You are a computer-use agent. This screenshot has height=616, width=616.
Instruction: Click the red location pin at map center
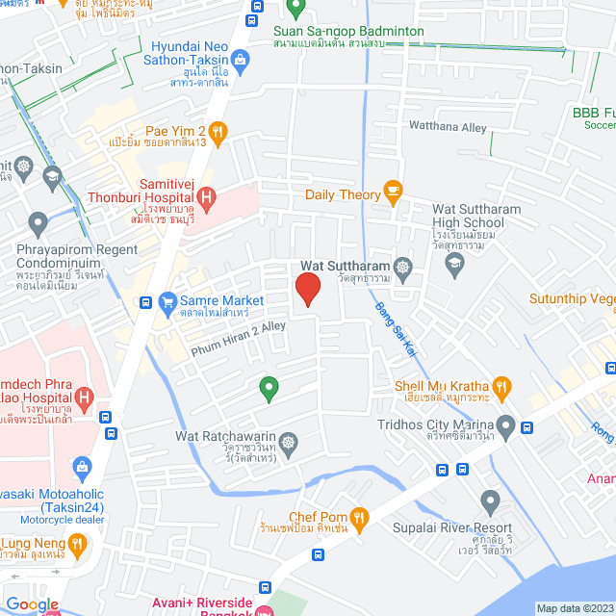pos(307,289)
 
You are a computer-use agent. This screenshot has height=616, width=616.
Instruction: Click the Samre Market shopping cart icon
pos(167,301)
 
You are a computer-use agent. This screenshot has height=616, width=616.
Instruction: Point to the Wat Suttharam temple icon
pos(402,267)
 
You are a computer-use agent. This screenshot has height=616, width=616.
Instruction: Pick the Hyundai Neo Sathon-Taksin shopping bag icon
pos(238,61)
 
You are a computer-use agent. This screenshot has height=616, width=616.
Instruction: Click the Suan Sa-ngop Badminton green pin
pos(296,11)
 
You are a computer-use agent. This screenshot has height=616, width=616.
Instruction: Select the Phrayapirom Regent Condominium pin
pos(38,224)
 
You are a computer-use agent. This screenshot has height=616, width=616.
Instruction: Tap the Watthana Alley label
pos(448,126)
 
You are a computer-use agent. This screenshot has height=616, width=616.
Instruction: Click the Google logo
pos(32,604)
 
